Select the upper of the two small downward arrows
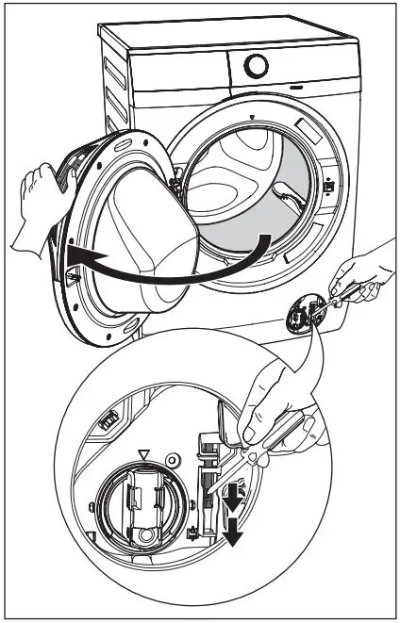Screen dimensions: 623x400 230,496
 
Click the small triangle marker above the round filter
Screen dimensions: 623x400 143,454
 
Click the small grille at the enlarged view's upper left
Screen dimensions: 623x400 109,416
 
